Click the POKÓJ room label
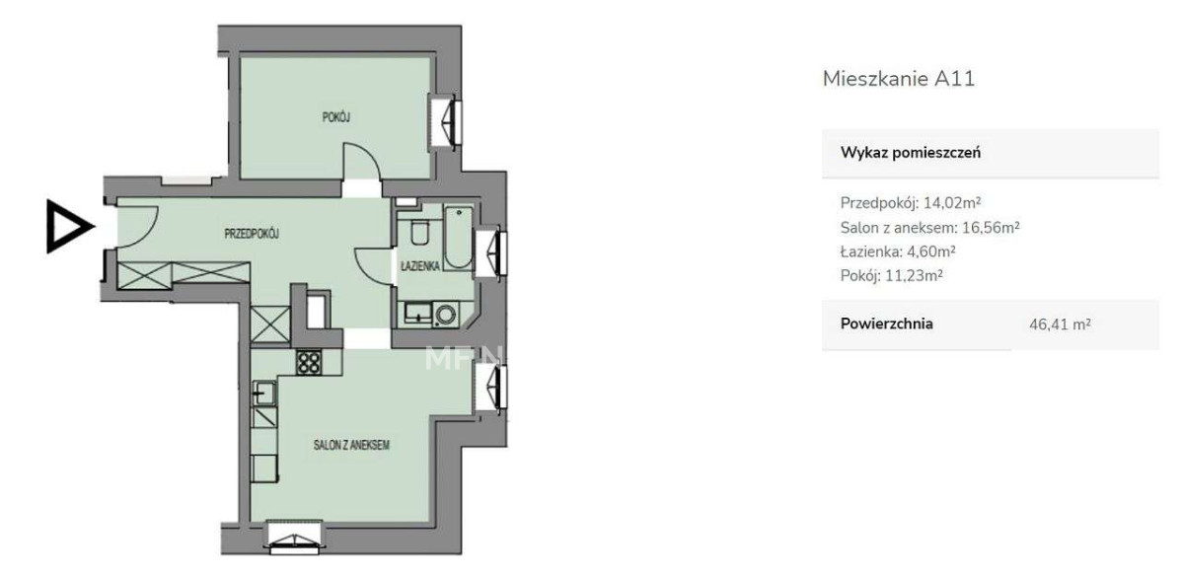[336, 116]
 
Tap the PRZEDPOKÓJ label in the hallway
[252, 233]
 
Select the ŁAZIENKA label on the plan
[420, 265]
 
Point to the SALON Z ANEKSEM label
[351, 445]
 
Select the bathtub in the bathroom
[458, 238]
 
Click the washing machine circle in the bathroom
[445, 315]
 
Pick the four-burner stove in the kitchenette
[308, 363]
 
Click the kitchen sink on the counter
[263, 393]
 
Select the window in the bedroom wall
[447, 122]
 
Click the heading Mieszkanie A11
[899, 79]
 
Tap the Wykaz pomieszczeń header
[910, 153]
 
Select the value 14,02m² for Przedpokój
[952, 202]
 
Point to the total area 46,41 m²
[1060, 325]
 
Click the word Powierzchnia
[886, 324]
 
